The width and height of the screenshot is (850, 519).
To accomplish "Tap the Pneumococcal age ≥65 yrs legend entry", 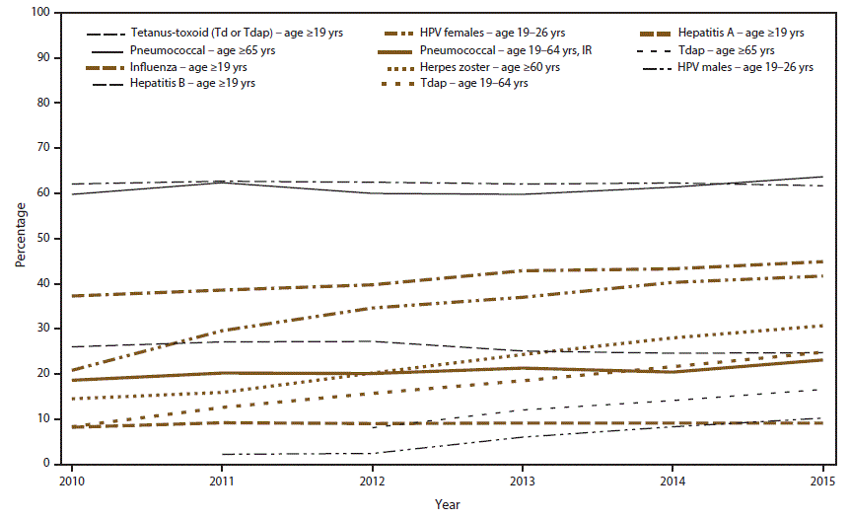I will click(197, 50).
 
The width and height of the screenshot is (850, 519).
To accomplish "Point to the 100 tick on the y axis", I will click(40, 13).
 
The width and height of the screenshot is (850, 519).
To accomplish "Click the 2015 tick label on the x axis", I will click(822, 480).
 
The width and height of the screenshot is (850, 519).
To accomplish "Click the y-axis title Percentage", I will click(20, 238).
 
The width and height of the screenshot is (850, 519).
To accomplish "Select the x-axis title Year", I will click(447, 504).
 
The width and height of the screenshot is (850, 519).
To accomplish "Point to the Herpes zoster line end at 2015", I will click(822, 326).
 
